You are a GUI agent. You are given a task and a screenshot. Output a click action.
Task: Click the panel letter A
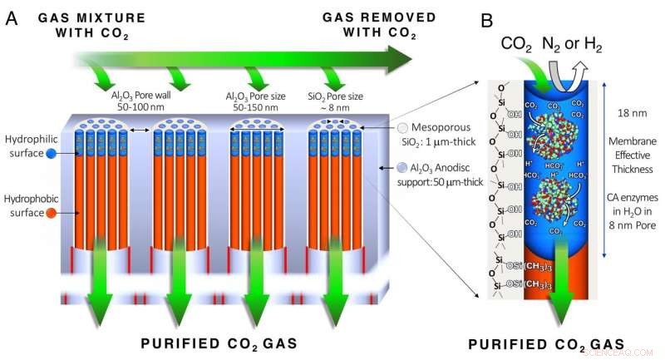click(12, 17)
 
